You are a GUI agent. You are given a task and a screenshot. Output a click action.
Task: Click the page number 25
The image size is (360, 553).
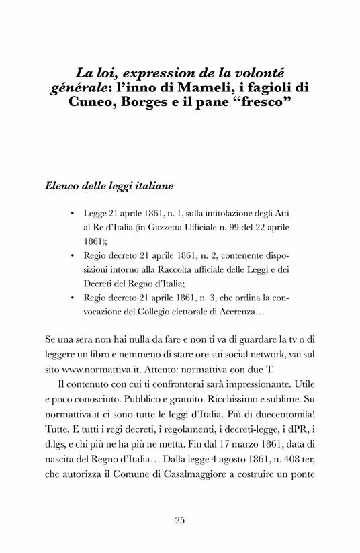(x=179, y=519)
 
